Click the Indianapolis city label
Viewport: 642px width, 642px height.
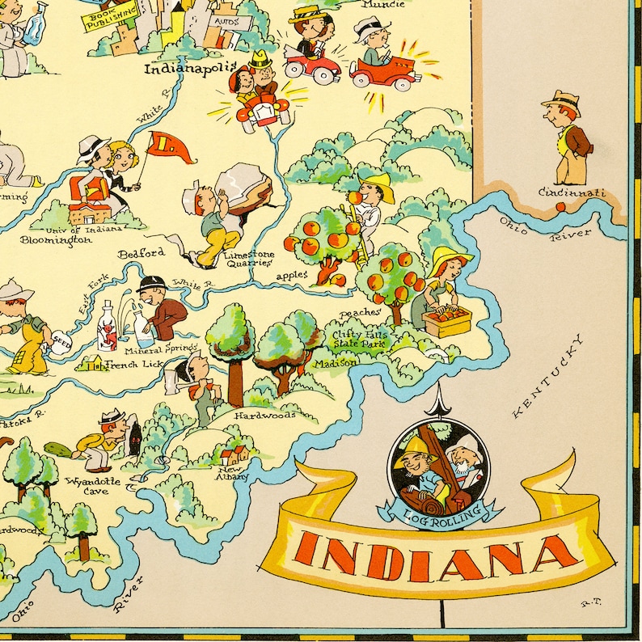[x=189, y=68]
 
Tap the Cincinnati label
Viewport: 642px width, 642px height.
[x=572, y=193]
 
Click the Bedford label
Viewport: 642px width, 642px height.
[x=141, y=253]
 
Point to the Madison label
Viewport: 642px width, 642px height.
[x=336, y=363]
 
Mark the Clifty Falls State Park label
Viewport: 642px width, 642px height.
[x=360, y=339]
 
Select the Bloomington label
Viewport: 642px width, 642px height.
[x=56, y=240]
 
